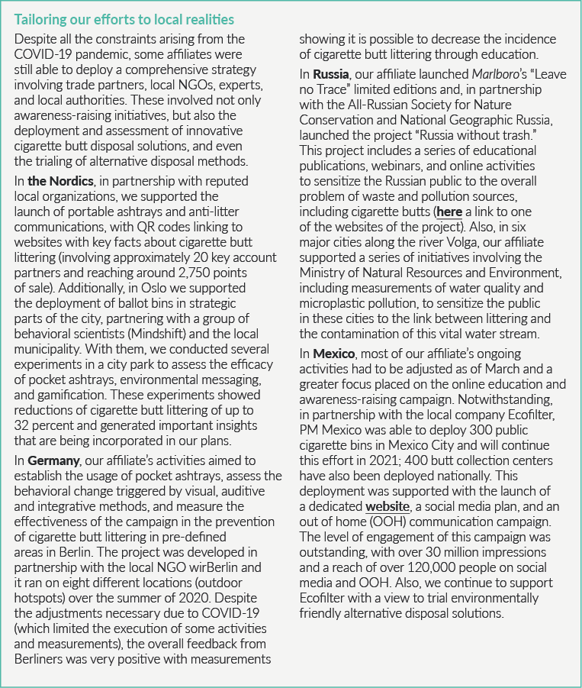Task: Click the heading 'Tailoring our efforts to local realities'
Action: pos(124,19)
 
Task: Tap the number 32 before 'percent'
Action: pos(23,425)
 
